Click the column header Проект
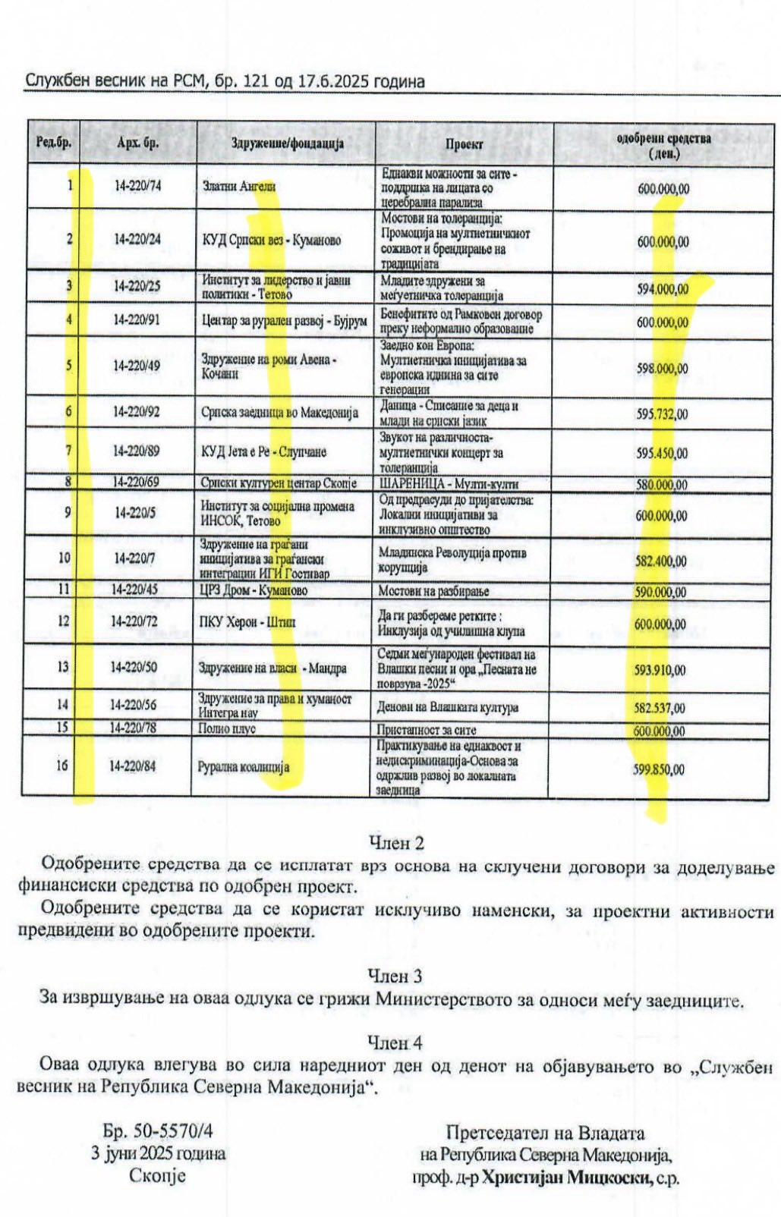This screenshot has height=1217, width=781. pos(464,143)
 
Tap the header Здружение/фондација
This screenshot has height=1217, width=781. pos(288,143)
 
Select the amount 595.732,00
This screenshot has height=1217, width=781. pos(662,414)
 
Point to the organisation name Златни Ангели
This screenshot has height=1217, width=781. pos(238,186)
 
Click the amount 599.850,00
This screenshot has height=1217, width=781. pos(658,769)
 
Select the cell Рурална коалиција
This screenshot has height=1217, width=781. pos(244,767)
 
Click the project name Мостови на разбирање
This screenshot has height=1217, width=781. pos(433,591)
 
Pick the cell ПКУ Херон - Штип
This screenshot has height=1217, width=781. pos(247,622)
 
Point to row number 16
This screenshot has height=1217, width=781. pos(61,766)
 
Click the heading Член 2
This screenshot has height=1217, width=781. pos(395,842)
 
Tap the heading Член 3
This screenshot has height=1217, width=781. pos(395,975)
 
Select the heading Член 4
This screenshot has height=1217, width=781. pos(395,1043)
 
